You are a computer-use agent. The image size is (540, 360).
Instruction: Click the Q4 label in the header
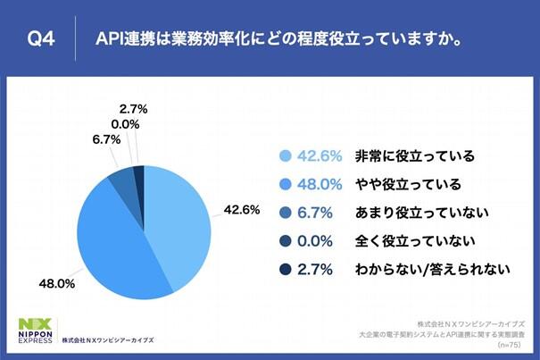coord(44,38)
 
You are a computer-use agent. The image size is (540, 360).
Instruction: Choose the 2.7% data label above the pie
coord(131,109)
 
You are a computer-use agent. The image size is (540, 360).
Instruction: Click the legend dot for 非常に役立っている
coord(285,156)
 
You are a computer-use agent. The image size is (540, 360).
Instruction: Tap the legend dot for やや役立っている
coord(285,185)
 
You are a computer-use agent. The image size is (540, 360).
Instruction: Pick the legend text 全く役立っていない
coord(402,241)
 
